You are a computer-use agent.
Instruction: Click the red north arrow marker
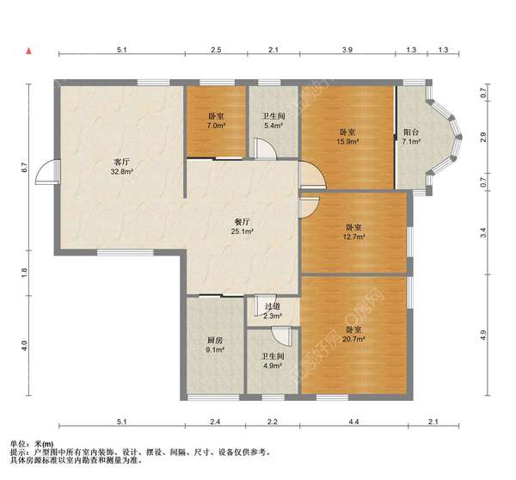[29, 52]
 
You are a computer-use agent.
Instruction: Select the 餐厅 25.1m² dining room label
[242, 226]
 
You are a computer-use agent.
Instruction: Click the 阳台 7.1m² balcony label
[411, 137]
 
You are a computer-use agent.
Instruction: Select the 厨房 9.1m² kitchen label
[215, 345]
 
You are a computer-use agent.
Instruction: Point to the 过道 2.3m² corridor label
[273, 311]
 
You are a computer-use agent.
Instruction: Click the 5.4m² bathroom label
[273, 120]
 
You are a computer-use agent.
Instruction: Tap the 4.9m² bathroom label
[273, 360]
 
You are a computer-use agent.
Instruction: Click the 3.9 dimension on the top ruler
[347, 50]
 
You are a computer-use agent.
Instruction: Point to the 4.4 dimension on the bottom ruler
[353, 422]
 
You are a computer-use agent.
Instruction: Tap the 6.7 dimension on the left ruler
[24, 167]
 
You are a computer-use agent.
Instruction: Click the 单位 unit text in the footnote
[18, 444]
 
